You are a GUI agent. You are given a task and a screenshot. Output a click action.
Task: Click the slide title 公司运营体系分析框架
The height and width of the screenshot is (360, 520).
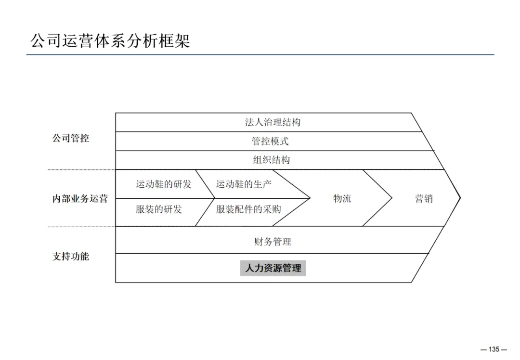point(110,40)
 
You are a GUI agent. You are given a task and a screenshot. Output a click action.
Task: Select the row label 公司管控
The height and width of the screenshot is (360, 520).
point(71,139)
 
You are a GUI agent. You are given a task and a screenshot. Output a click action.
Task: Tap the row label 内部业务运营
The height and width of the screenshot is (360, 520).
point(80,199)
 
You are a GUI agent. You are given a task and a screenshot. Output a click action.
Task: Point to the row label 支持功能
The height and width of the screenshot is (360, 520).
point(71,256)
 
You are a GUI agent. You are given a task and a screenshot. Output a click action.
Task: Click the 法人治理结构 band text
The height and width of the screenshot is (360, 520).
point(273,122)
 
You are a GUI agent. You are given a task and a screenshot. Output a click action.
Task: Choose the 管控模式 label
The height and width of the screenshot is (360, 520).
point(270,141)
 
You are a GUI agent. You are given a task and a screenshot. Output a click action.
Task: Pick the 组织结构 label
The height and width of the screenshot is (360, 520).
point(272,160)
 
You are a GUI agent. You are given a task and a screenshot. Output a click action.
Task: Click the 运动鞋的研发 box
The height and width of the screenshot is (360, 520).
point(163,184)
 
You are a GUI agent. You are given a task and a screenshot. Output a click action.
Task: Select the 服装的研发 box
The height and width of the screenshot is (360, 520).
point(158,209)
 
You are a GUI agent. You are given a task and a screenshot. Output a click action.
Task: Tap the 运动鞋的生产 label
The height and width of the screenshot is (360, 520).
point(244,184)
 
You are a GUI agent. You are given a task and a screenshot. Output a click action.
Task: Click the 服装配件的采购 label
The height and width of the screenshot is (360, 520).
point(248,209)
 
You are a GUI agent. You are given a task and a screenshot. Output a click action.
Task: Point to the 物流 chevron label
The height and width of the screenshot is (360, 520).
point(342,198)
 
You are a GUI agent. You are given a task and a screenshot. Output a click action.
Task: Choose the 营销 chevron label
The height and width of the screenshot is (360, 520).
point(424,198)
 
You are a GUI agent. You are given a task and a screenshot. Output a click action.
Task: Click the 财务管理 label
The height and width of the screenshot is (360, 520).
point(273,242)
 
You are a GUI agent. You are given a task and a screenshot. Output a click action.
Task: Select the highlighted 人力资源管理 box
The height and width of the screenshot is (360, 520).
point(273,268)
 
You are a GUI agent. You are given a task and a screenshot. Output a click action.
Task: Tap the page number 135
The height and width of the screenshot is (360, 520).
point(494,349)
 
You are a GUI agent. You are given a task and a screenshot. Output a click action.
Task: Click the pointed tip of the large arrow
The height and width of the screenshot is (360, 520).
point(460,197)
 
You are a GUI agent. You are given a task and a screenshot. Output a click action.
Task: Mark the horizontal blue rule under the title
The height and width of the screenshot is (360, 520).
point(260,55)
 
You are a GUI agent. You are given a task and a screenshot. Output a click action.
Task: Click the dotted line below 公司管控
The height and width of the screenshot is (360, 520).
point(81,169)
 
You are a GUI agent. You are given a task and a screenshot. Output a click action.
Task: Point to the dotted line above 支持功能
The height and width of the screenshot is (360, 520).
point(81,227)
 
